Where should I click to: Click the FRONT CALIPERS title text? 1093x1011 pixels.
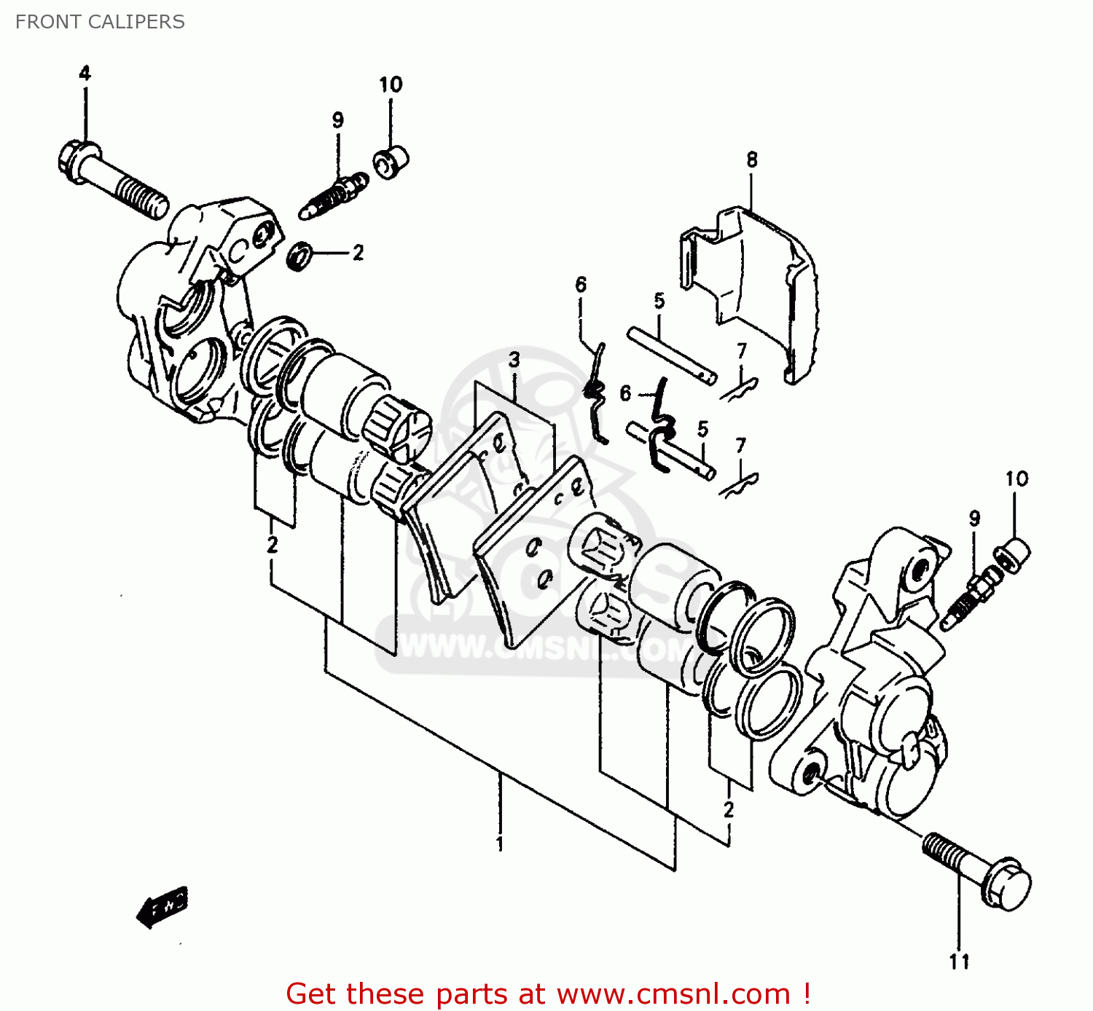[100, 22]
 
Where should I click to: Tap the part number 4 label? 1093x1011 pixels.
[85, 74]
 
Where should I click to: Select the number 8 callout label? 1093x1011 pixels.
[752, 160]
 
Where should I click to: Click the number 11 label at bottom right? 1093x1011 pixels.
[960, 962]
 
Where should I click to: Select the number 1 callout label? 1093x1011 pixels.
[500, 844]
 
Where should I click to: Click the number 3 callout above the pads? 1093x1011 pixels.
[514, 359]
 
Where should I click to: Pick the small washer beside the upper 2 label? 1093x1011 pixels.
[300, 256]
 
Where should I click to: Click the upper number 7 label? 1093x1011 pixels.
[742, 351]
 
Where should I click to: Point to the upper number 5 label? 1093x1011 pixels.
[659, 301]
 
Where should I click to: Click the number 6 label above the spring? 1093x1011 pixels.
[581, 285]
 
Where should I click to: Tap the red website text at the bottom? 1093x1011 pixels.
[548, 994]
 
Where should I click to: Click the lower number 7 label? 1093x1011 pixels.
[741, 445]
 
